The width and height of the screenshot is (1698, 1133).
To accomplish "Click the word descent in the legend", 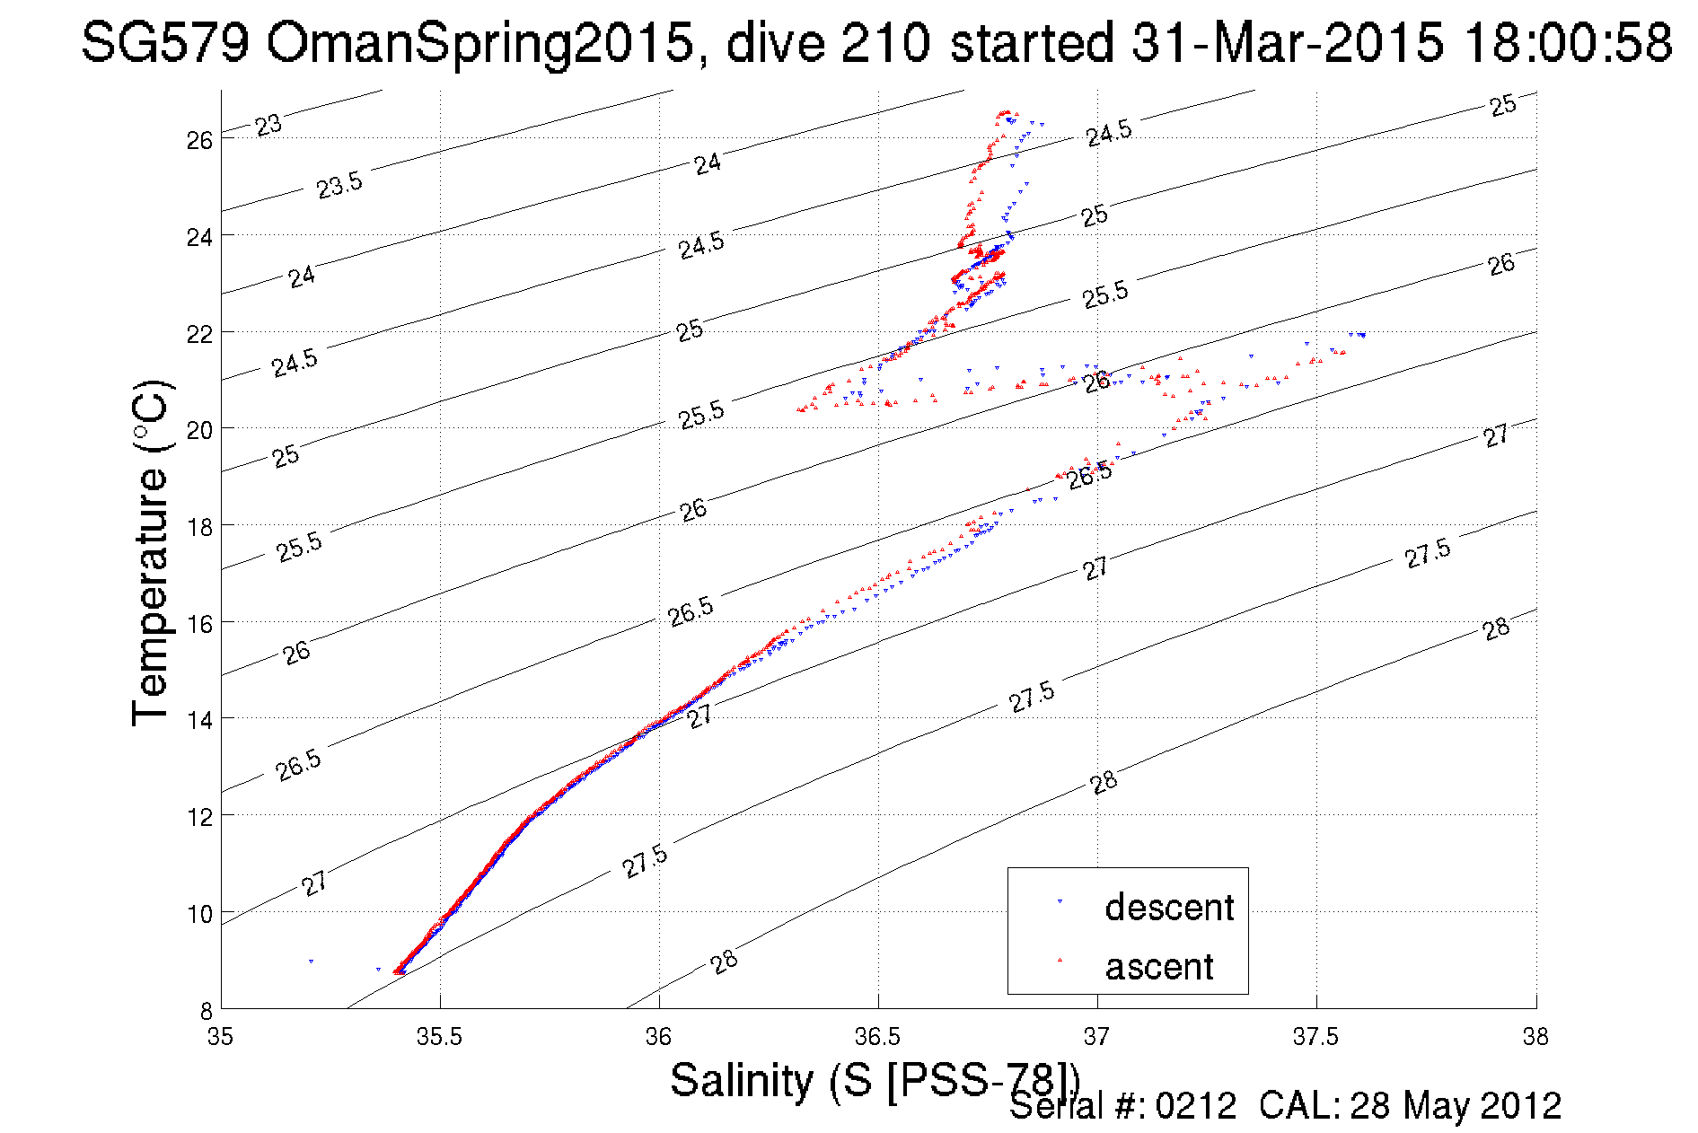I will coord(1168,908).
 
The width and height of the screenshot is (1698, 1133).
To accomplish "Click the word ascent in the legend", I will coord(1158,967).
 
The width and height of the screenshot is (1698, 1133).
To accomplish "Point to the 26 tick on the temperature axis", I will coord(199,140).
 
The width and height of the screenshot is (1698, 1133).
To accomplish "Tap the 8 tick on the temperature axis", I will coord(206,1010).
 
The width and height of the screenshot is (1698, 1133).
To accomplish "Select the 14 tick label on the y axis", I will coord(199,719).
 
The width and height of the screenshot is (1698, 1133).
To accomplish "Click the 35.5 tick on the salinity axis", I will coord(439,1038).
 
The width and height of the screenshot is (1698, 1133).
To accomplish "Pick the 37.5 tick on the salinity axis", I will coord(1315,1038).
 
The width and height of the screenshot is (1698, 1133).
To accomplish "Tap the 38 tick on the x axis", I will coord(1535,1038).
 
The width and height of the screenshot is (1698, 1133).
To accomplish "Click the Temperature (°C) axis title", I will coord(151,553).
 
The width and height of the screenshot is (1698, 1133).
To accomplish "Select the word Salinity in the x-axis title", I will coord(741,1080).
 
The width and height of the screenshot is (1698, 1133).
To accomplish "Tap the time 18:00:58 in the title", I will coord(1567,42).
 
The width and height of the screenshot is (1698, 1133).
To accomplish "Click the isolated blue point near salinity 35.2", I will coord(311,962).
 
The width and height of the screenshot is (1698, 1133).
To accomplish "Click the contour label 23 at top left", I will coord(268,125).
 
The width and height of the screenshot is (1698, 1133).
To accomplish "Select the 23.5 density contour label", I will coord(339,185).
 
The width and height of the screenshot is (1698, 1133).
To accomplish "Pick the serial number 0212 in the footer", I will coord(1196,1106).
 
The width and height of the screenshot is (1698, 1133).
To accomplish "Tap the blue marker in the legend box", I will coord(1060,900).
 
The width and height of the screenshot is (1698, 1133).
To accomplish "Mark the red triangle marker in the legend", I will coord(1060,961).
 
